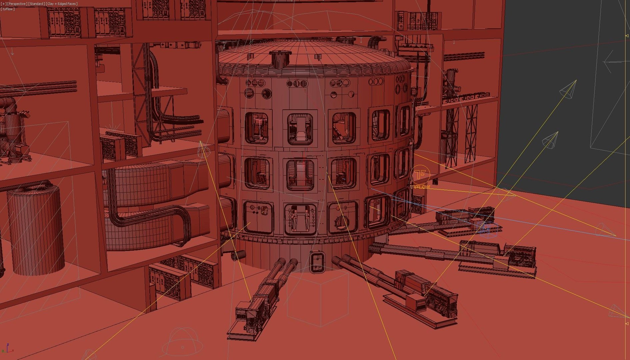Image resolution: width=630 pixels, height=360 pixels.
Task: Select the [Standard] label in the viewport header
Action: click(36, 4)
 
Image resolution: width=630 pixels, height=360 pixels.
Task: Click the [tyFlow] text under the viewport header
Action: click(8, 9)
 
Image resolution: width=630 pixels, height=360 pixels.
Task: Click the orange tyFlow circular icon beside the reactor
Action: click(420, 174)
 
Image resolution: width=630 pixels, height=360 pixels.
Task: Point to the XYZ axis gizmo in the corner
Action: click(8, 348)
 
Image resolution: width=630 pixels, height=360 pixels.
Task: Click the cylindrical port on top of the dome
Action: click(280, 59)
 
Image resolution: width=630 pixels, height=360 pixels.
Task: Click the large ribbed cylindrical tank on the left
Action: click(35, 230)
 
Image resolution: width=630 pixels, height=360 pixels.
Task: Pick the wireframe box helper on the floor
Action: click(318, 300)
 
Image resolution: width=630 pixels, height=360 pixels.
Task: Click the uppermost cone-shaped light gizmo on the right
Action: click(568, 89)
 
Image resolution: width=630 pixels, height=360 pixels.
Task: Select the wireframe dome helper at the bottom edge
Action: click(182, 342)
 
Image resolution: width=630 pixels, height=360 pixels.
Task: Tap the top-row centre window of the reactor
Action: click(300, 128)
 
